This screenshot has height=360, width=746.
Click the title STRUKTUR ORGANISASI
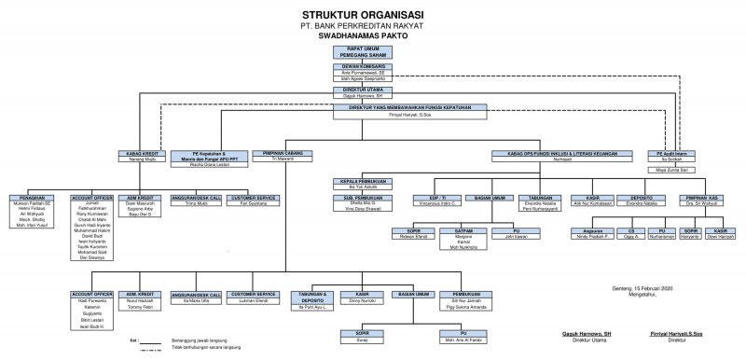point(372,15)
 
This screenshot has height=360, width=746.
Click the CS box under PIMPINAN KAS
point(631,229)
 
